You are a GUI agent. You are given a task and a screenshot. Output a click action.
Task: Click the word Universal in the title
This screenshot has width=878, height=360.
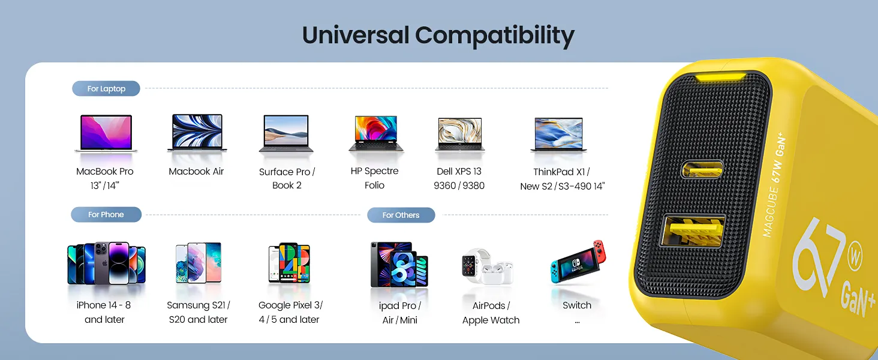tap(356, 35)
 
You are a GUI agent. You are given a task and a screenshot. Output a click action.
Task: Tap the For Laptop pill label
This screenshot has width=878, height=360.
tap(106, 89)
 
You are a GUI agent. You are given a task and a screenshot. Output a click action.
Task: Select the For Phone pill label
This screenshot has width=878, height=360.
tap(106, 215)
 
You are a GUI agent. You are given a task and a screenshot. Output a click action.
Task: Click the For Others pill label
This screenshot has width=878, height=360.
tap(401, 215)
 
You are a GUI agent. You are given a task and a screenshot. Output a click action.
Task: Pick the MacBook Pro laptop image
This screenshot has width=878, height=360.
tap(106, 133)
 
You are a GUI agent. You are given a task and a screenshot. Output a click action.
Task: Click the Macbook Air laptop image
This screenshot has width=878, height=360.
tap(197, 133)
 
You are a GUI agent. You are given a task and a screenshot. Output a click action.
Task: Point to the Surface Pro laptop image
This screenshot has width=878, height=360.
tap(286, 133)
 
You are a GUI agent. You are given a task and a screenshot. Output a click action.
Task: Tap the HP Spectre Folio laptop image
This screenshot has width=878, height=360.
tap(376, 133)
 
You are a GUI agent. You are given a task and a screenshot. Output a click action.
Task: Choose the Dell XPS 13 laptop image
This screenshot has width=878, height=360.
tap(460, 134)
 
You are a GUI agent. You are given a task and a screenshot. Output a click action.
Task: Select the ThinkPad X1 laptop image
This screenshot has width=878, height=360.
tap(558, 134)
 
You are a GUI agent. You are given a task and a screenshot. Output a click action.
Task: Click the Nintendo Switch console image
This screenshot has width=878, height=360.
tap(578, 262)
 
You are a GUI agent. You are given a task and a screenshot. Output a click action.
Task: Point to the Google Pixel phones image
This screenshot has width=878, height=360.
tap(289, 263)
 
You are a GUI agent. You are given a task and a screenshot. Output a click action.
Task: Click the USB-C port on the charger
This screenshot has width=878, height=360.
tap(702, 169)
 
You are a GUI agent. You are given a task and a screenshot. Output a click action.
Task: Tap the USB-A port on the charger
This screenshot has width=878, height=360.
tap(693, 230)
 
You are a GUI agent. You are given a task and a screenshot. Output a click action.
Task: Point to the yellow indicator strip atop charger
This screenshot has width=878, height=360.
tap(721, 77)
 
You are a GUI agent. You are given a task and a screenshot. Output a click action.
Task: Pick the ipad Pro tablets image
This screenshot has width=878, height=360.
tap(399, 265)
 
